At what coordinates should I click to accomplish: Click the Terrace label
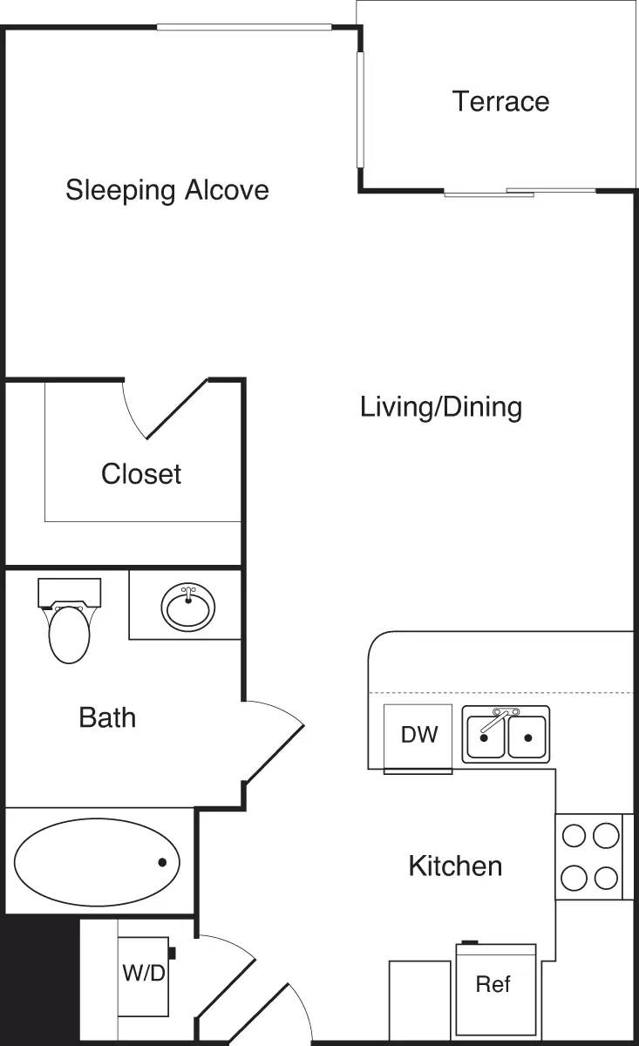(500, 101)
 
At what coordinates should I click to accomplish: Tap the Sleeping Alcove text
(167, 189)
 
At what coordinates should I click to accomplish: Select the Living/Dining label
(441, 406)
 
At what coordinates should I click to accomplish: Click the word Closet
(141, 473)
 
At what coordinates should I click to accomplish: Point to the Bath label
(107, 717)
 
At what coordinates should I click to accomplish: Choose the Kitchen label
(455, 866)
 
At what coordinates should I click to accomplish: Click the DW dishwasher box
(418, 735)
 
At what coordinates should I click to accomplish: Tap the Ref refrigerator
(493, 984)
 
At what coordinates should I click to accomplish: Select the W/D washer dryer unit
(143, 974)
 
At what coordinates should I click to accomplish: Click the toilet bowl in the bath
(70, 635)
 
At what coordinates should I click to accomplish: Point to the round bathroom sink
(188, 608)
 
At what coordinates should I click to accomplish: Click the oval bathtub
(97, 862)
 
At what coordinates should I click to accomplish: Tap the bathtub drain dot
(162, 862)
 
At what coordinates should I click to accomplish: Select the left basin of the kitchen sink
(484, 738)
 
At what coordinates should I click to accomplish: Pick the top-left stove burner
(573, 836)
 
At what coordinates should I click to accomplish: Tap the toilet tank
(70, 592)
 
